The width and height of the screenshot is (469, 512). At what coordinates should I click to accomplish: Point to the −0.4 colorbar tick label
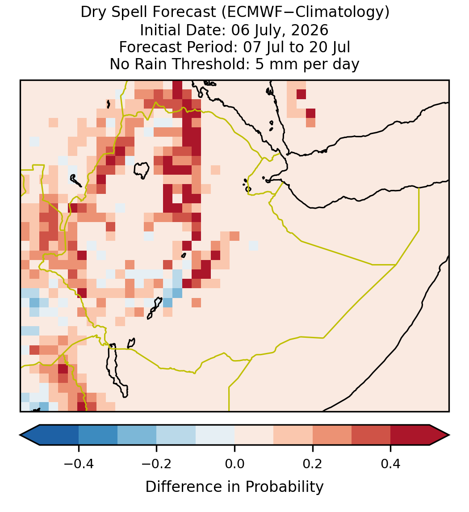tap(79, 464)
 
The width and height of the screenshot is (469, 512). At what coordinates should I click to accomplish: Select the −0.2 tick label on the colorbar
tap(157, 464)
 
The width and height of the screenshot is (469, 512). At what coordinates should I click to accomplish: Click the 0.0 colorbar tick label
tap(234, 464)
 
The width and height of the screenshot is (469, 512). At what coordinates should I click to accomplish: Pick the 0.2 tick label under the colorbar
tap(313, 464)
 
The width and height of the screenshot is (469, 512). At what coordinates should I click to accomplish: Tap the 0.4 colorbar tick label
tap(391, 464)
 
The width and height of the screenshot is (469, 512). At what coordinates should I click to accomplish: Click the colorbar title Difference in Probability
tap(234, 487)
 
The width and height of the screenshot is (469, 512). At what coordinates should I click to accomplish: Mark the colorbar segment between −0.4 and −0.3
tap(98, 435)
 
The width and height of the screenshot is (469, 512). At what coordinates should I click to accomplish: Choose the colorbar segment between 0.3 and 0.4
tap(371, 435)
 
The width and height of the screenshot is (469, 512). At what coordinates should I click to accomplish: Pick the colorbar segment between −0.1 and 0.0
tap(215, 435)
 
